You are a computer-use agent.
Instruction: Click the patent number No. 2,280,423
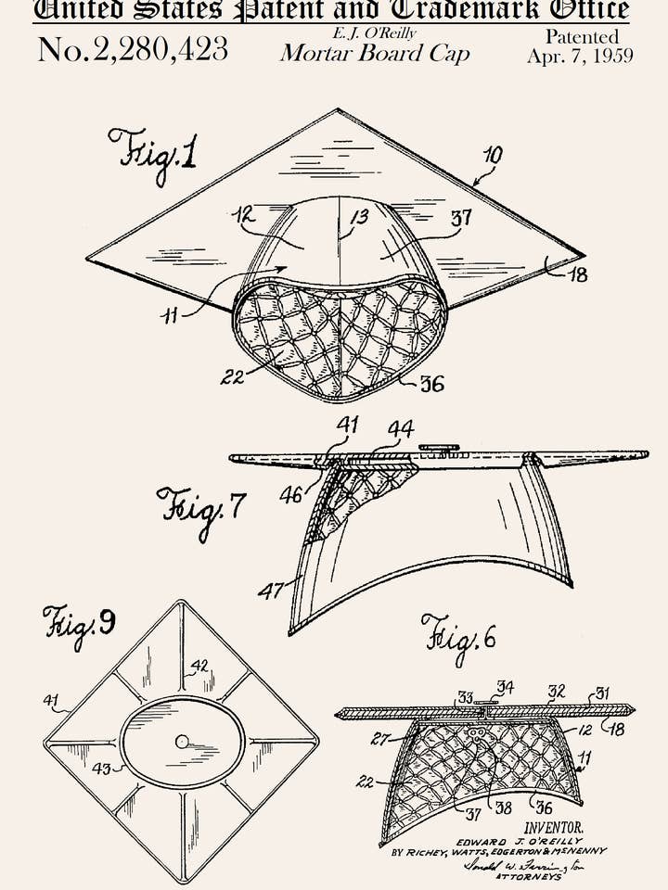pyautogui.click(x=133, y=49)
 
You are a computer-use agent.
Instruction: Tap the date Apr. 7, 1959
pyautogui.click(x=580, y=56)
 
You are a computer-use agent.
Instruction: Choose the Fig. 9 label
pyautogui.click(x=78, y=624)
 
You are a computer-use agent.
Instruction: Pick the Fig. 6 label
pyautogui.click(x=458, y=635)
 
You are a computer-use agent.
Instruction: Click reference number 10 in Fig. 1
pyautogui.click(x=493, y=155)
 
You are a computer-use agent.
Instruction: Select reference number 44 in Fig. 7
pyautogui.click(x=401, y=429)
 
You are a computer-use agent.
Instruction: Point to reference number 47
pyautogui.click(x=270, y=590)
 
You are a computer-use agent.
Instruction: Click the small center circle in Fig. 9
pyautogui.click(x=182, y=741)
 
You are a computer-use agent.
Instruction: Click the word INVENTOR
pyautogui.click(x=554, y=826)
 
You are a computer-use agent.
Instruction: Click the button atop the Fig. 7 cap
pyautogui.click(x=438, y=449)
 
